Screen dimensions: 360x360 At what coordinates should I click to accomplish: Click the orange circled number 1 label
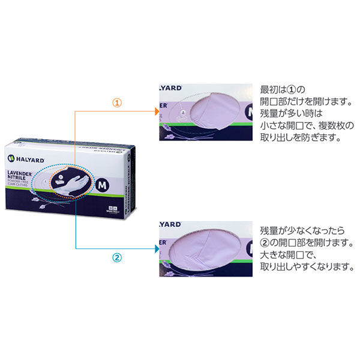(x=117, y=103)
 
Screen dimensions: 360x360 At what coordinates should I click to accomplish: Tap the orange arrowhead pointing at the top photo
(x=156, y=112)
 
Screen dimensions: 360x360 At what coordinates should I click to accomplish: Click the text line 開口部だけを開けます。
(x=304, y=101)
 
